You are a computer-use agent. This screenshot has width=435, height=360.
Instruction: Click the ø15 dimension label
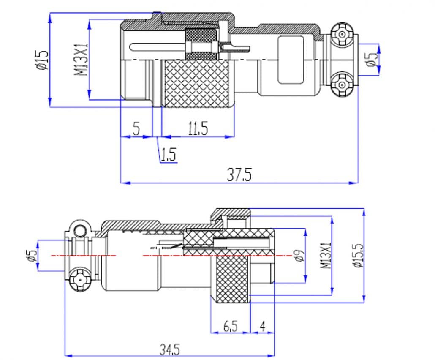(x=43, y=60)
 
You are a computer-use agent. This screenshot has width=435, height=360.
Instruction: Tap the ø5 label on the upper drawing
(x=372, y=60)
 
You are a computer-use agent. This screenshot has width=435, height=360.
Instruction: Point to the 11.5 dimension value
(x=198, y=129)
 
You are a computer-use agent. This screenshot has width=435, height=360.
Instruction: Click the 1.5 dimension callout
(x=168, y=155)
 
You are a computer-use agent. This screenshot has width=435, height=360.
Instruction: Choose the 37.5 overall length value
(x=239, y=175)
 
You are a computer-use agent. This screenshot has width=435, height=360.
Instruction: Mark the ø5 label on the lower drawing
(x=31, y=255)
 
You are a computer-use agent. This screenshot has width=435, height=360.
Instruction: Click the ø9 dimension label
(x=299, y=255)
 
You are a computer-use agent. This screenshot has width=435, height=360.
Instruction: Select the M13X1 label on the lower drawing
(x=325, y=256)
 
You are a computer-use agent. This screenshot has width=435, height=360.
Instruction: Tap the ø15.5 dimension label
(x=357, y=256)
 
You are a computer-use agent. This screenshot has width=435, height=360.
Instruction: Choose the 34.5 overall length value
(x=170, y=350)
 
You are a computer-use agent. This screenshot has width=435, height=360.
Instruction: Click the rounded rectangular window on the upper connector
(x=291, y=60)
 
